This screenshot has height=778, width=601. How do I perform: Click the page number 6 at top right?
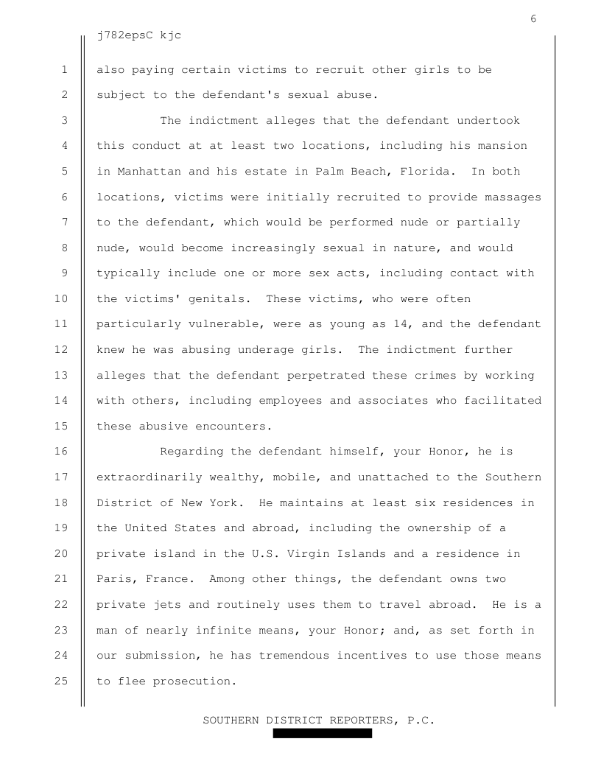(x=533, y=19)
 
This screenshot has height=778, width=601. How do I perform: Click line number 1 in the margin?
(x=65, y=70)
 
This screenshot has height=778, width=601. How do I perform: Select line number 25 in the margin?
(x=61, y=681)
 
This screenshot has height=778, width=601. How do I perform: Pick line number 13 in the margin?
(x=61, y=376)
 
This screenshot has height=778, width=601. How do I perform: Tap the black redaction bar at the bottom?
(x=323, y=734)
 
